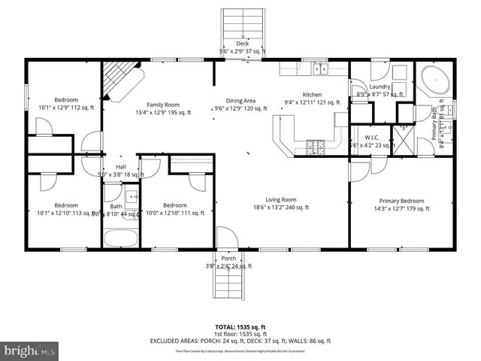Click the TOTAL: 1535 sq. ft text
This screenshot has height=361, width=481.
pos(241,327)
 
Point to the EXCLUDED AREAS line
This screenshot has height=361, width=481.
pos(241,341)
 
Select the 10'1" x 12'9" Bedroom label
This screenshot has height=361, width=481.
pos(66,104)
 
